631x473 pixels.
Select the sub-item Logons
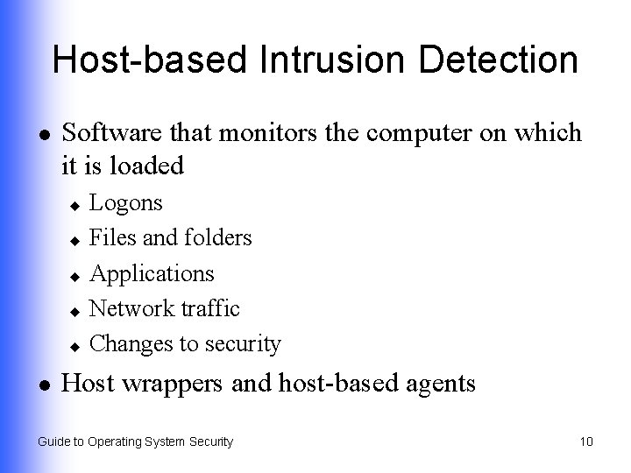[126, 203]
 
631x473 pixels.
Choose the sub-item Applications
[152, 273]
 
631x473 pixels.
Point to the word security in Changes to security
[242, 344]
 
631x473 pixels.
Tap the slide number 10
[586, 441]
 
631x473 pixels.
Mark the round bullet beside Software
[43, 134]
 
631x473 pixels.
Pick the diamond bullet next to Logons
[75, 205]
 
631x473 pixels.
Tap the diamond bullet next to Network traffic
[75, 310]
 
